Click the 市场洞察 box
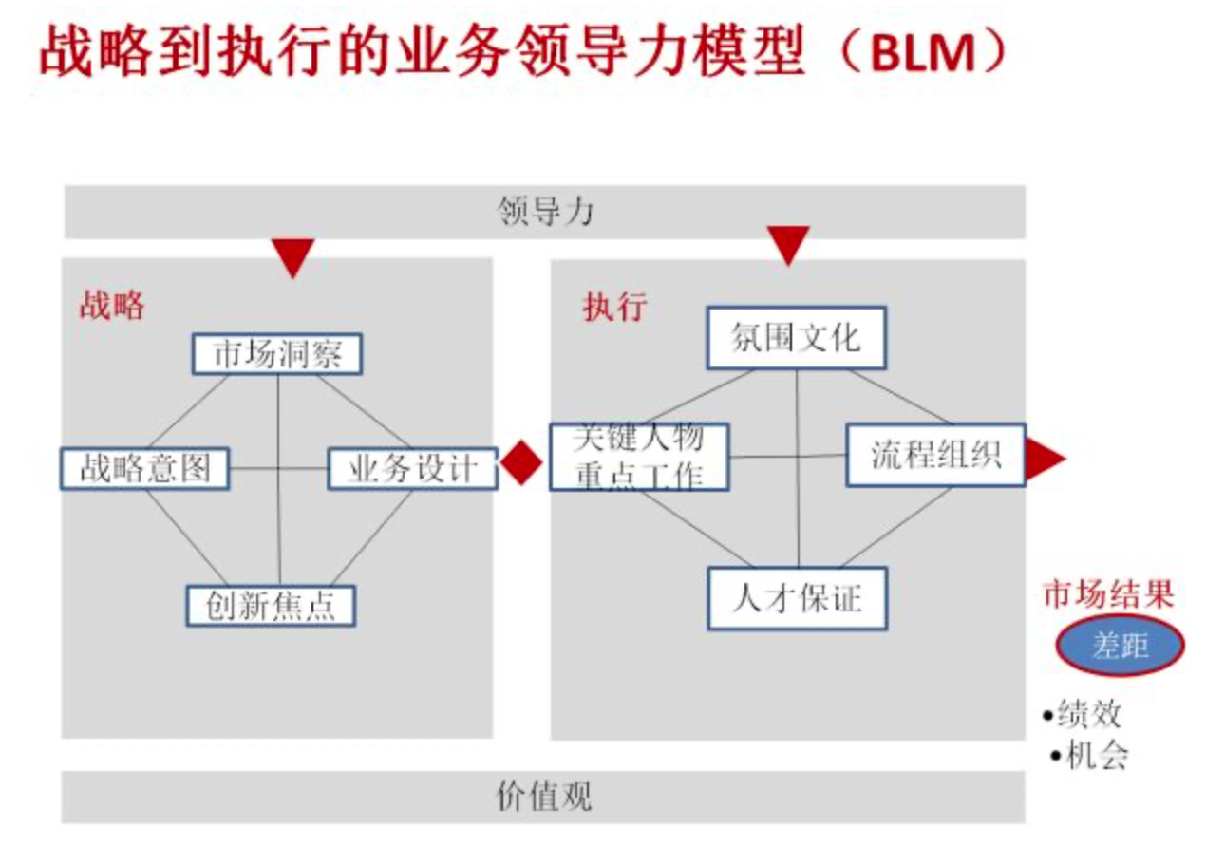(277, 355)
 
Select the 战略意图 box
(145, 469)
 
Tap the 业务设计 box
(412, 469)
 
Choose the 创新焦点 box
(271, 605)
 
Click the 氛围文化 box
(796, 337)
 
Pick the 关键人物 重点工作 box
(639, 457)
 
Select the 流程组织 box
(935, 455)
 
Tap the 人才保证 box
(797, 598)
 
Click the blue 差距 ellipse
(1120, 647)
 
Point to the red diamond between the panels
(521, 463)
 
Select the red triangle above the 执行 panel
(788, 244)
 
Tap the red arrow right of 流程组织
(1044, 459)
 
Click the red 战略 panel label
(112, 306)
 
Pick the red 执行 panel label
(614, 307)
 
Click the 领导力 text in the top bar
(545, 211)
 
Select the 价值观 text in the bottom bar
(544, 796)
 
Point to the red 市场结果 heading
(1108, 595)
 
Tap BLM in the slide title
(922, 55)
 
